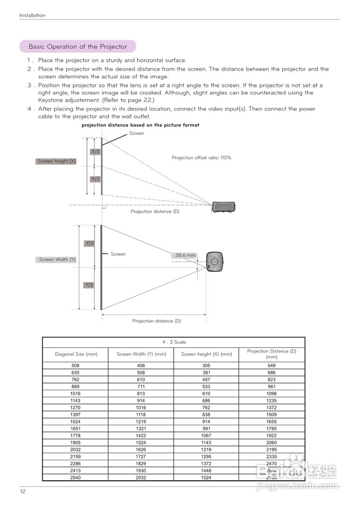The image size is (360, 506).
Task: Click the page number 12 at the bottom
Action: point(23,491)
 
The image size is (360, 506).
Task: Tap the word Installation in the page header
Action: point(32,15)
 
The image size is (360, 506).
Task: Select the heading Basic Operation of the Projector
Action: point(78,47)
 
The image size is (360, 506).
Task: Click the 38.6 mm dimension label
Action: point(186,255)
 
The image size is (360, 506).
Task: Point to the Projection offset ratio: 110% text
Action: point(201,158)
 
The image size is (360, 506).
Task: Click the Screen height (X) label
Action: point(57,161)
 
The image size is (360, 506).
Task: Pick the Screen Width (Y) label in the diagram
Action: point(57,260)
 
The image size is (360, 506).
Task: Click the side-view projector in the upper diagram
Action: point(224,207)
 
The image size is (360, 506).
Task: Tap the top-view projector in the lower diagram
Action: point(214,261)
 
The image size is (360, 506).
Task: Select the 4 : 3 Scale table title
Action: point(174,342)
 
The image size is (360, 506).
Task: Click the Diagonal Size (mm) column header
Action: point(76,354)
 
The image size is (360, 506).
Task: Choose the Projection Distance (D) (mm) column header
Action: point(271,354)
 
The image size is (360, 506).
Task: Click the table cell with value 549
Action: point(271,366)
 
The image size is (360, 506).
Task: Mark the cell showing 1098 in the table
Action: point(271,394)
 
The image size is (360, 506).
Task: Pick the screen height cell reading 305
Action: point(206,366)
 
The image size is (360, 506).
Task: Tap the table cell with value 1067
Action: point(206,436)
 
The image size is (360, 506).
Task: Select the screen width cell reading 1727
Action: point(141,457)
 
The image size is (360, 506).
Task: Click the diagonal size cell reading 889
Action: point(75,387)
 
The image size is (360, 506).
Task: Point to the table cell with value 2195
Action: point(271,450)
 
